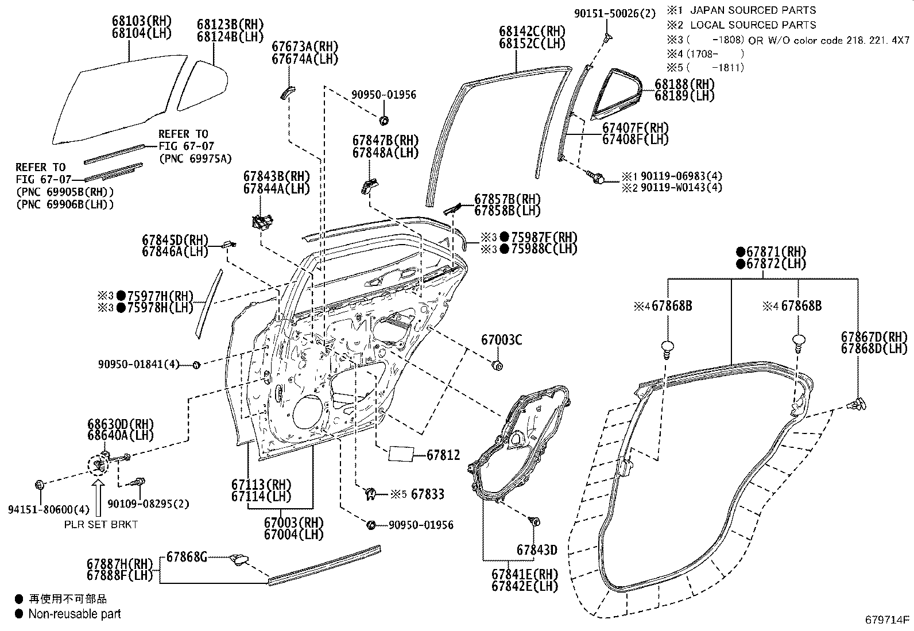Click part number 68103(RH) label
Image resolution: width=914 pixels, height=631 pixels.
pos(142,21)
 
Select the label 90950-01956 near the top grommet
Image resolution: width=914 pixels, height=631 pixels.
pos(384,95)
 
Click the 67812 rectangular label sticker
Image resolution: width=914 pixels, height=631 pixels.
pos(401,454)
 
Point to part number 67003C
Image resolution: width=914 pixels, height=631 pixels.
pos(501,339)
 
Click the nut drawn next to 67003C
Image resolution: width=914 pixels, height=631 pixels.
pos(498,365)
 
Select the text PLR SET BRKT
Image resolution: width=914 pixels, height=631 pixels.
pos(100,524)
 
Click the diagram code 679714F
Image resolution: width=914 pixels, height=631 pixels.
pos(888,620)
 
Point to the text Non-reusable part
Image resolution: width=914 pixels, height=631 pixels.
pos(75,614)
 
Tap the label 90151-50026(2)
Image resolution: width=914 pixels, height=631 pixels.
pos(614,13)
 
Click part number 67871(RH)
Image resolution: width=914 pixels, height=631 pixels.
pos(771,251)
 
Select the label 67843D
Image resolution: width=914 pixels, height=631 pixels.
pos(536,549)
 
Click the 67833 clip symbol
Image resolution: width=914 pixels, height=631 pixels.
pos(371,493)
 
